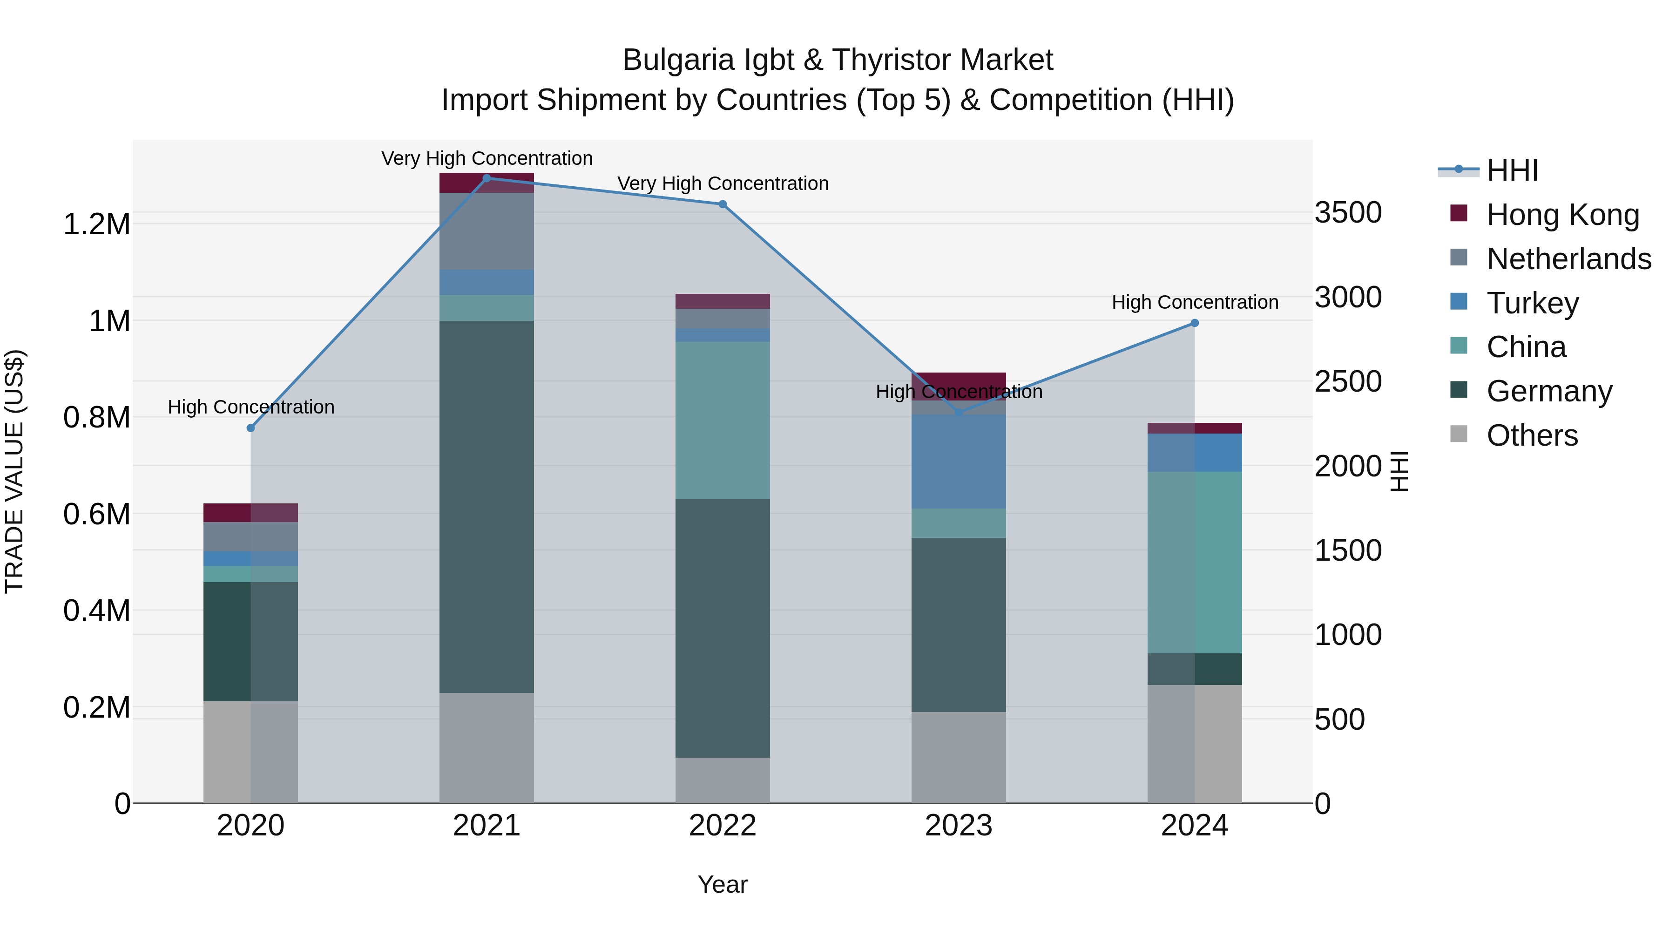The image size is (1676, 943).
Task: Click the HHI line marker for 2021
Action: pyautogui.click(x=487, y=178)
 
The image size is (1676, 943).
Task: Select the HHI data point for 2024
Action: pyautogui.click(x=1195, y=323)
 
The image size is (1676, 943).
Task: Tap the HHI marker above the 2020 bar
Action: pyautogui.click(x=250, y=427)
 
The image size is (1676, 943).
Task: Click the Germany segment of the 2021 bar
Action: pyautogui.click(x=487, y=506)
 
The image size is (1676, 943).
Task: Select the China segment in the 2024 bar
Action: pyautogui.click(x=1195, y=562)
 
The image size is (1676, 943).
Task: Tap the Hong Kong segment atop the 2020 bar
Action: pyautogui.click(x=250, y=512)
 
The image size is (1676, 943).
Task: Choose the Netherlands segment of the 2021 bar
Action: pyautogui.click(x=487, y=231)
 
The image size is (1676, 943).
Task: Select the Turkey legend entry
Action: pyautogui.click(x=1532, y=303)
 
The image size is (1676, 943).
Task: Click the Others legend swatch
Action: pyautogui.click(x=1459, y=434)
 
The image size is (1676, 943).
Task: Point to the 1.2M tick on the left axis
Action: pyautogui.click(x=96, y=224)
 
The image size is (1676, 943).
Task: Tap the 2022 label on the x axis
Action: pyautogui.click(x=722, y=826)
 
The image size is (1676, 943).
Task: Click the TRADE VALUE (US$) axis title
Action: pyautogui.click(x=14, y=471)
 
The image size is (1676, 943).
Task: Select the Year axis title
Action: pyautogui.click(x=722, y=884)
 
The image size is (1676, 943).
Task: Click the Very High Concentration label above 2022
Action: pyautogui.click(x=722, y=183)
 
